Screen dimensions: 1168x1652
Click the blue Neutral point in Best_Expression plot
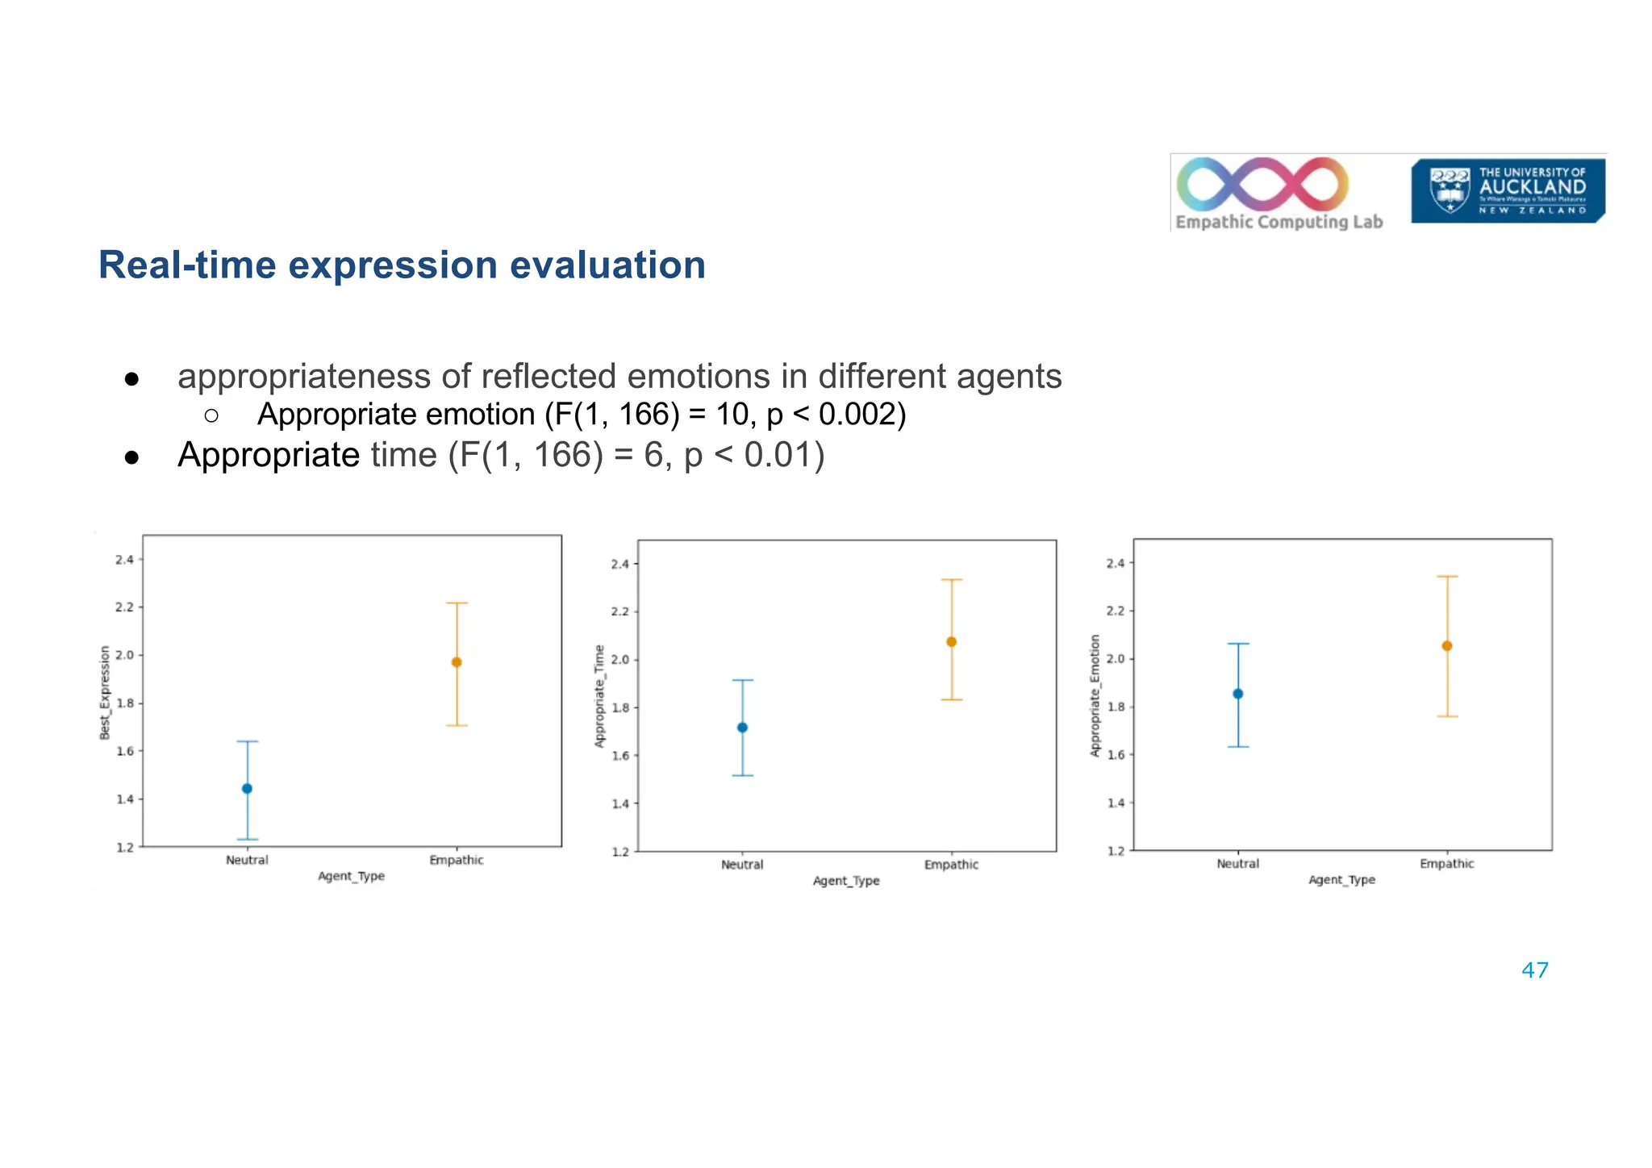pyautogui.click(x=247, y=788)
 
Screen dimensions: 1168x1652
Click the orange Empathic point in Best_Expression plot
pyautogui.click(x=457, y=662)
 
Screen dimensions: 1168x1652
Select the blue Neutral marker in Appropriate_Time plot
pyautogui.click(x=742, y=728)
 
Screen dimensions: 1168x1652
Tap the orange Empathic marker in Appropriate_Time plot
pyautogui.click(x=951, y=642)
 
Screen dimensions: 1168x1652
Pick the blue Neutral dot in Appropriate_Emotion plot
pyautogui.click(x=1238, y=694)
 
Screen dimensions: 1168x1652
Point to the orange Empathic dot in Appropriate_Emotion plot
pyautogui.click(x=1447, y=646)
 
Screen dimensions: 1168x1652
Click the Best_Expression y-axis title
pyautogui.click(x=105, y=692)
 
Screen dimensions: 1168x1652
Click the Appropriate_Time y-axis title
pyautogui.click(x=599, y=696)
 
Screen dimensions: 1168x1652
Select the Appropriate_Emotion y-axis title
pyautogui.click(x=1095, y=695)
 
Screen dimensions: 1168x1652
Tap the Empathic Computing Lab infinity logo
pyautogui.click(x=1262, y=184)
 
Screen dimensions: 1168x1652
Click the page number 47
pyautogui.click(x=1534, y=970)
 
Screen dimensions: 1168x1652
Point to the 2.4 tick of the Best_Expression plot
pyautogui.click(x=124, y=559)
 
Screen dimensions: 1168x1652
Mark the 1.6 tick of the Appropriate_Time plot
pyautogui.click(x=619, y=756)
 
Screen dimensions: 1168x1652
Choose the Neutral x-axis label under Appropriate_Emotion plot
pyautogui.click(x=1237, y=864)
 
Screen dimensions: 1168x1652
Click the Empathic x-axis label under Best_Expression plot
pyautogui.click(x=457, y=860)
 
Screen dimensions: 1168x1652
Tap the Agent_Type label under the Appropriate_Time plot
pyautogui.click(x=846, y=881)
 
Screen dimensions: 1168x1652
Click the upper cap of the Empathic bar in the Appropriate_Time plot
pyautogui.click(x=951, y=580)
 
